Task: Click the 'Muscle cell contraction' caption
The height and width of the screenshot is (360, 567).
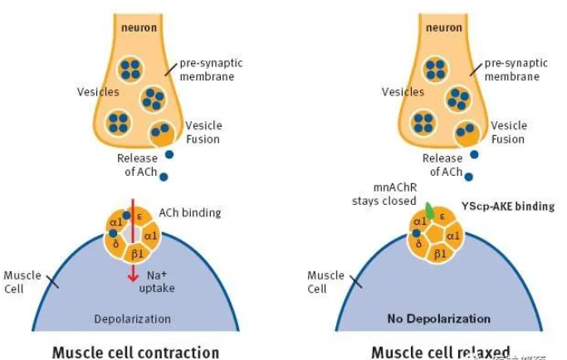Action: (135, 351)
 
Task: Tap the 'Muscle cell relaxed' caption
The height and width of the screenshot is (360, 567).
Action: (440, 351)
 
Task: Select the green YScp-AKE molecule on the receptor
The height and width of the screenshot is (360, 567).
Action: (429, 210)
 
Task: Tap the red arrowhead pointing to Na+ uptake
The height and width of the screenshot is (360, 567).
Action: (131, 276)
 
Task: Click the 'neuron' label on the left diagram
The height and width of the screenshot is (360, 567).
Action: (137, 27)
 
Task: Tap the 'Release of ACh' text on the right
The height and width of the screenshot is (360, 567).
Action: (442, 165)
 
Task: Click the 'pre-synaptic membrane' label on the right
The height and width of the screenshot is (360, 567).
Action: (506, 71)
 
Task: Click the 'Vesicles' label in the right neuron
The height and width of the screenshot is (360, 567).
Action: (403, 92)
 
